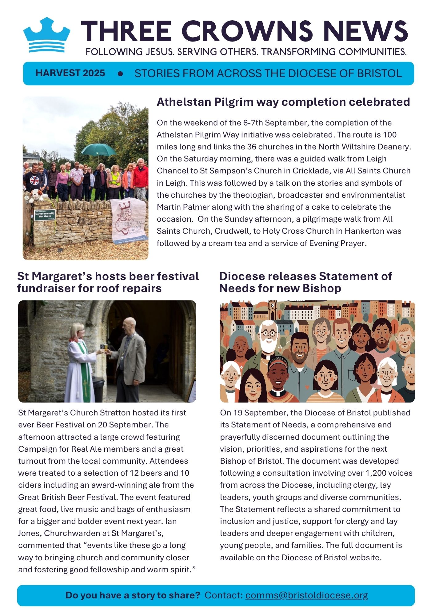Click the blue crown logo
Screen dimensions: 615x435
pos(47,35)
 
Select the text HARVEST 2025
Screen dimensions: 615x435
pos(70,73)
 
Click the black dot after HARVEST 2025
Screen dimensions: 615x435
pos(120,74)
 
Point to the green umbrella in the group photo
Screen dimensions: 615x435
pos(98,150)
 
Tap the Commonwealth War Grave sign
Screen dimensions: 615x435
pos(45,215)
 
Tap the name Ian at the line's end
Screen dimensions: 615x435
pos(171,521)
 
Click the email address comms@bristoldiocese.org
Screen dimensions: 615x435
pos(306,595)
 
